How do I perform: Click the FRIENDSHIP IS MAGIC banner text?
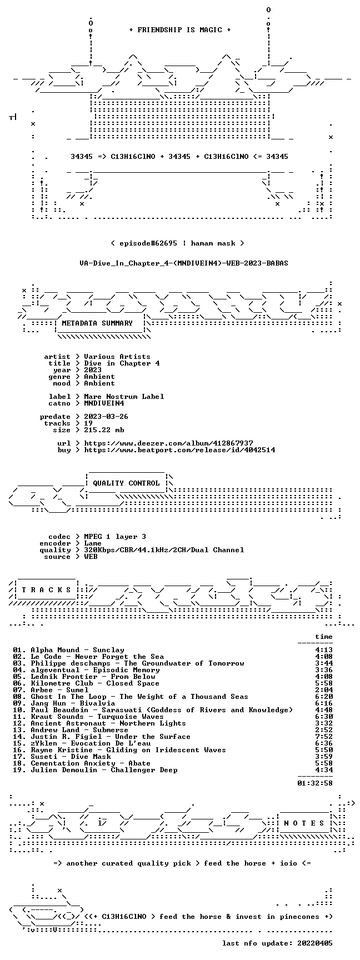[x=180, y=30]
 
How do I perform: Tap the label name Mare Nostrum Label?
[x=124, y=397]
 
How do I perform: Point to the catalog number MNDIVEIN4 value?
[x=104, y=403]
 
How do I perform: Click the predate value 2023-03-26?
[x=106, y=417]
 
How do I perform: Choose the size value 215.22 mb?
[x=104, y=430]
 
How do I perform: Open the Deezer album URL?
[x=168, y=443]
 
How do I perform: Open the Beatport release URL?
[x=179, y=450]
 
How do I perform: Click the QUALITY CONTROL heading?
[x=126, y=483]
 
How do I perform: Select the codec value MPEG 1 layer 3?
[x=115, y=537]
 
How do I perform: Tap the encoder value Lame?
[x=93, y=543]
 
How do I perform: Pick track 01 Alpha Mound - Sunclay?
[x=68, y=650]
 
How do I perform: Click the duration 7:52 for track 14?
[x=324, y=737]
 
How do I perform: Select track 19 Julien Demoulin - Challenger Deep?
[x=95, y=770]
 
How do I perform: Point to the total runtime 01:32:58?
[x=315, y=783]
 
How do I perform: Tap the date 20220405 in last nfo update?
[x=315, y=943]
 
